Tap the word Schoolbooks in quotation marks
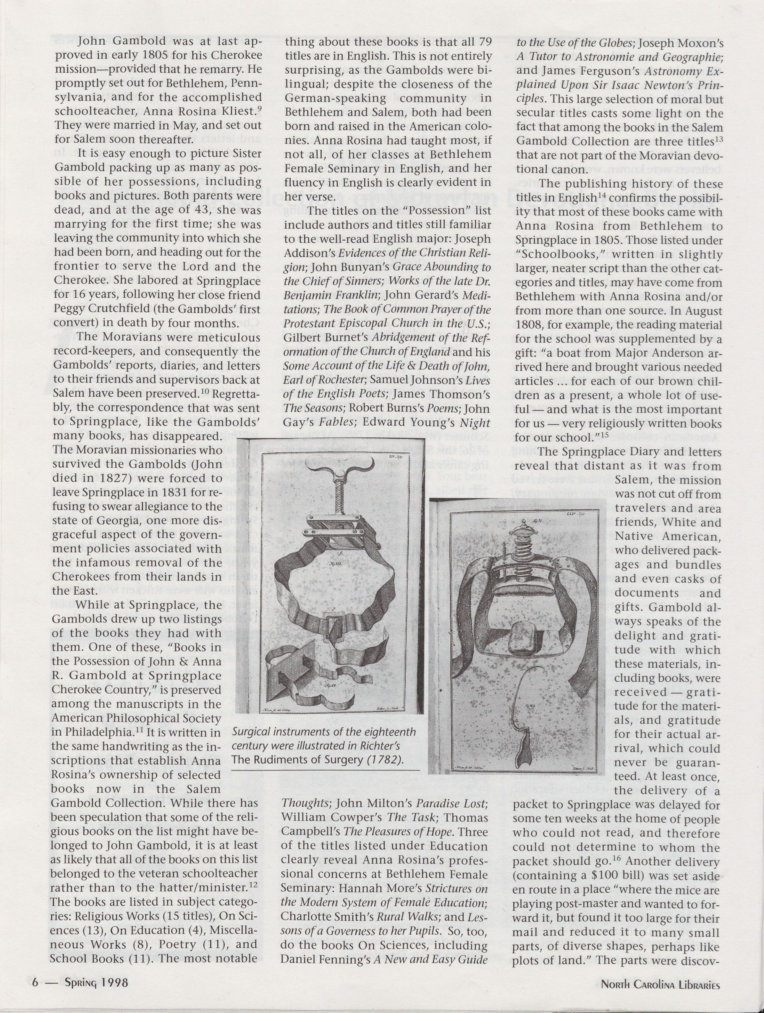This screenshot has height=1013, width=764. coord(553,254)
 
